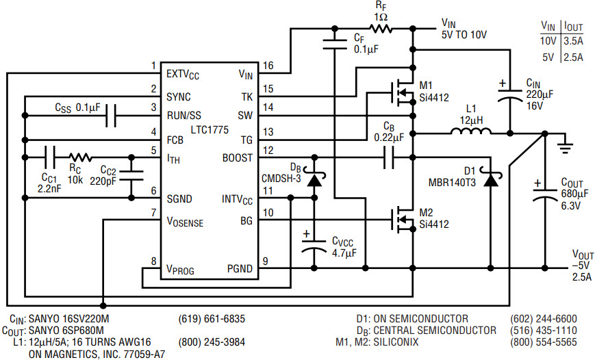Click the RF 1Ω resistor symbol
pos(381,28)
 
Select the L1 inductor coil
pos(471,131)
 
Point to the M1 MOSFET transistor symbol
pos(402,92)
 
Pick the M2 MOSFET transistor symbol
pos(402,219)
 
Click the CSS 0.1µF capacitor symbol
pos(111,115)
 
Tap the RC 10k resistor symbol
pos(80,157)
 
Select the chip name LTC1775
pos(210,130)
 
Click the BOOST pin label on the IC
pos(237,158)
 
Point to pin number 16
pos(268,66)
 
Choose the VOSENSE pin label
pos(185,222)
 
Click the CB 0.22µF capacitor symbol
pos(389,157)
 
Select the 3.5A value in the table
pos(573,41)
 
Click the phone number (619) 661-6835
pos(212,319)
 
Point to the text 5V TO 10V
pos(464,35)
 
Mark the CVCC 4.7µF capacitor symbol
pos(314,246)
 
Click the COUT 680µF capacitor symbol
pos(545,194)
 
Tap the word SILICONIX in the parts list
pos(396,342)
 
